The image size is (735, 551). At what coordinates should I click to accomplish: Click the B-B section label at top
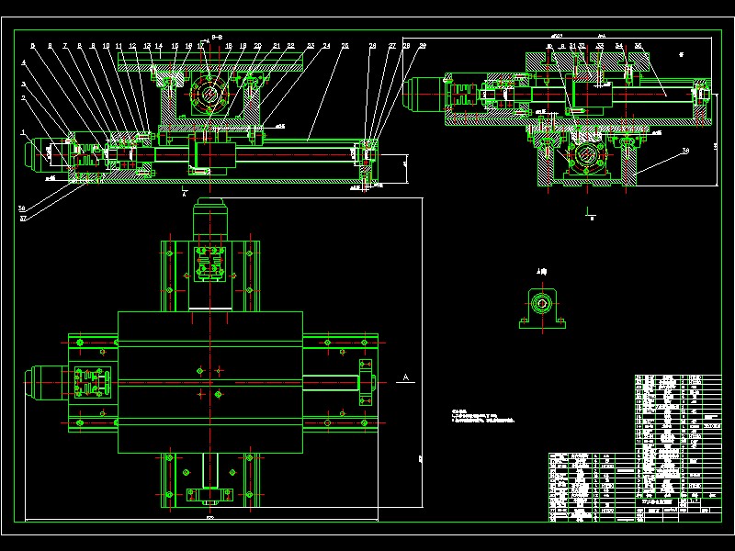point(217,37)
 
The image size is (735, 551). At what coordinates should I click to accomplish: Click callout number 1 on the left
point(23,132)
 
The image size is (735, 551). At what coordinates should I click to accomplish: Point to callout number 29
point(422,45)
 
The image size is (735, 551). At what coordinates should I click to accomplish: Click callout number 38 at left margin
point(21,208)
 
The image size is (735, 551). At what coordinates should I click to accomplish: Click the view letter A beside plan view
point(404,377)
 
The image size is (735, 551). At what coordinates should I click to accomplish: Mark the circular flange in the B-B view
point(210,93)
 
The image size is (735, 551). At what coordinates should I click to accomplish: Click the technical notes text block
point(481,417)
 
